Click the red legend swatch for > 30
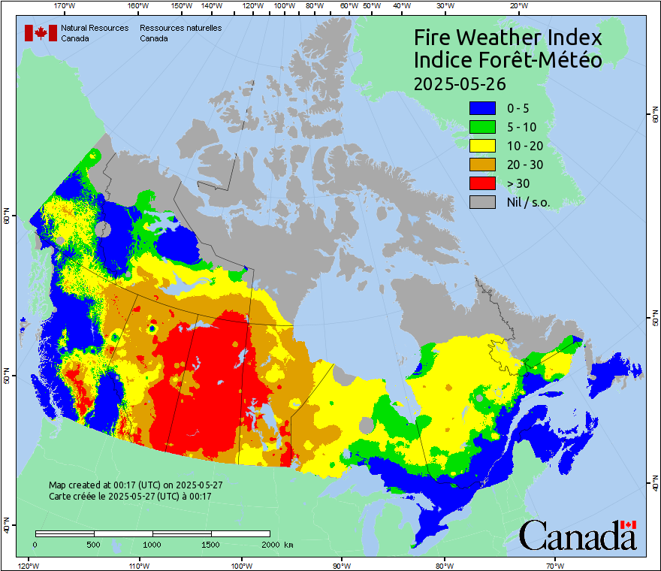click(482, 183)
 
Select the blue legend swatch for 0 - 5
click(482, 108)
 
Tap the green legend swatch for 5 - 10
click(482, 127)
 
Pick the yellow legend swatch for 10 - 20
click(482, 146)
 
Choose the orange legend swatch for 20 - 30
click(482, 165)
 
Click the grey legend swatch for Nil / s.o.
click(482, 202)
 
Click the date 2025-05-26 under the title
click(460, 83)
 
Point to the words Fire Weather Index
click(508, 38)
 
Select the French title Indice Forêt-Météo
click(508, 60)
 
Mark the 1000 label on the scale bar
click(152, 544)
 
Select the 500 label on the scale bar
click(93, 544)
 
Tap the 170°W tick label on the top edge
click(65, 6)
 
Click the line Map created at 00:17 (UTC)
click(135, 485)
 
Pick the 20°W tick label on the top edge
click(517, 6)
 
